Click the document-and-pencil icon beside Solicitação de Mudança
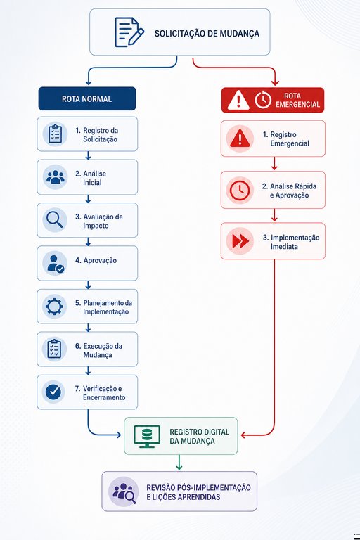129,32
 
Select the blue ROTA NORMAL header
87,99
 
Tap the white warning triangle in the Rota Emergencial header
238,100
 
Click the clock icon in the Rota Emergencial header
263,100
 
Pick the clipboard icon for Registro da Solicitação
55,134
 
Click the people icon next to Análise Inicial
55,177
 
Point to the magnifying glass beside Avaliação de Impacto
54,219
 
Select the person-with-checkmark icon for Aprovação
55,264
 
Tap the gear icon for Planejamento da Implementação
54,306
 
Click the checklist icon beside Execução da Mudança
54,349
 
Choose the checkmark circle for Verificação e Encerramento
53,392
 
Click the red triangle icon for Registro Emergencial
240,139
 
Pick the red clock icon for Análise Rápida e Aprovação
240,190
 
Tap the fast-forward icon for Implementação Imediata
240,241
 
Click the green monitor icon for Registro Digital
147,437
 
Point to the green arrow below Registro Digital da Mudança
179,462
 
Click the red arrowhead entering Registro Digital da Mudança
243,435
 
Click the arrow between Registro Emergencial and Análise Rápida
274,163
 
